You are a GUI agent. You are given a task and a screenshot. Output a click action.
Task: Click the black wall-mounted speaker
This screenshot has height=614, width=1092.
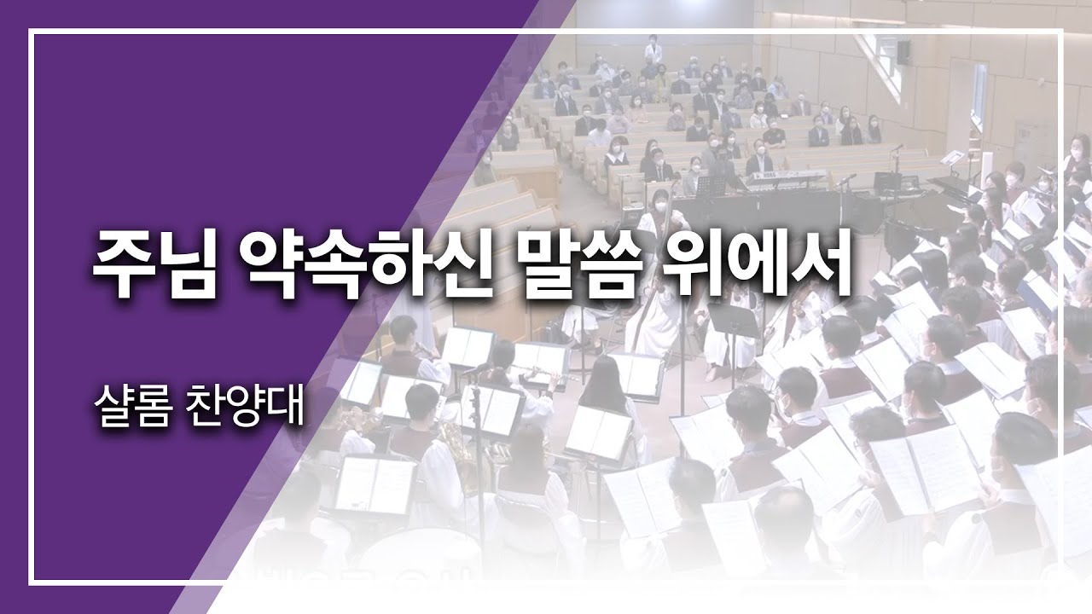point(903,52)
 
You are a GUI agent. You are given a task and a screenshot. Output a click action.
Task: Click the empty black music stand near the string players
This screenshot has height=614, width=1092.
point(734,321)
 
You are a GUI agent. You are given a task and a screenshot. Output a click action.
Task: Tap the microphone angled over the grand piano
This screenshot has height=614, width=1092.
point(845,178)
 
